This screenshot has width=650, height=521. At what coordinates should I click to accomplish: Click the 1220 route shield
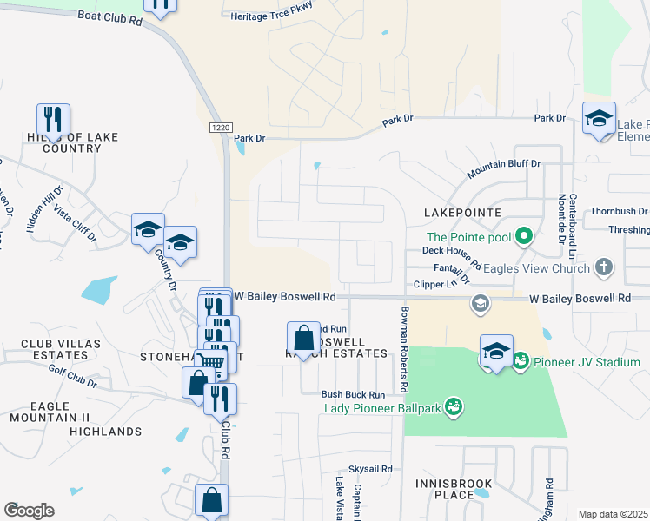221,127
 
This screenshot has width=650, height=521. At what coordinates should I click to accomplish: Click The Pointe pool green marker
523,235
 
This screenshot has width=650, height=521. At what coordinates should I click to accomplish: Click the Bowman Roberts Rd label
405,347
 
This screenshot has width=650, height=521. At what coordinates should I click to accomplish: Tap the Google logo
29,511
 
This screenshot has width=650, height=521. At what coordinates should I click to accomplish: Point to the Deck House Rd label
452,250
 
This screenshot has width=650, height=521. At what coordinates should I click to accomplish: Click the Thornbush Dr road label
618,211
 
